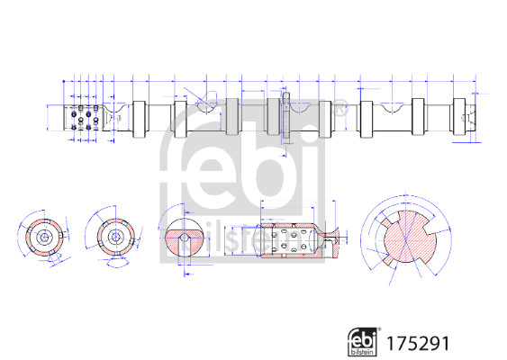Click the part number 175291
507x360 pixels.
[x=417, y=343]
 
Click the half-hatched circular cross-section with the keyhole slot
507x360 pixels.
[x=185, y=237]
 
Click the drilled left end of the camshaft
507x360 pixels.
[x=82, y=118]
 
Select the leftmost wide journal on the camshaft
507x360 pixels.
[x=140, y=118]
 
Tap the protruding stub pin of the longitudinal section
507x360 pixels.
[x=332, y=238]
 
